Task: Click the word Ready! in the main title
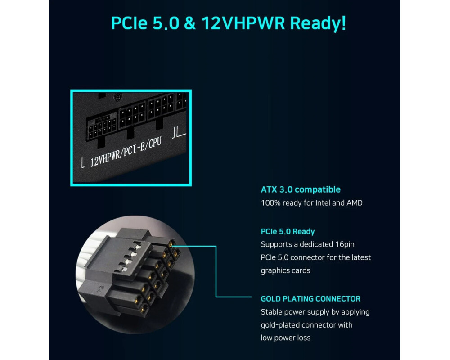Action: (318, 23)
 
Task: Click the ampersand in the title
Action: (189, 23)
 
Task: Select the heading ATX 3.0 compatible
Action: (301, 189)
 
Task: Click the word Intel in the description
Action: (323, 203)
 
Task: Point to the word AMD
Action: (355, 203)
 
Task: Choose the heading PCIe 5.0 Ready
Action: (288, 231)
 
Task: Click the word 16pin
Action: (345, 245)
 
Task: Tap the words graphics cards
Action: (285, 271)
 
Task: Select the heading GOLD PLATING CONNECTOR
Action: (310, 299)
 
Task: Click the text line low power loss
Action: (286, 338)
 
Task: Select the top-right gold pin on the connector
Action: (171, 244)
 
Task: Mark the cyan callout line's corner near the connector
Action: (216, 246)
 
